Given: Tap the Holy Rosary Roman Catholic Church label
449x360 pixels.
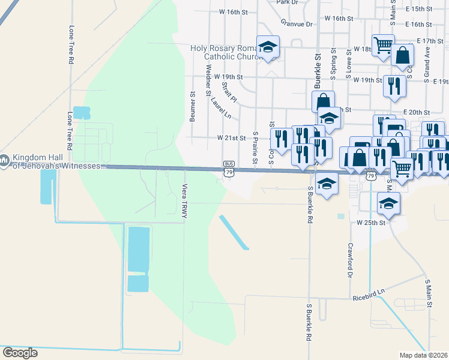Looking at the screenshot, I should pos(226,53).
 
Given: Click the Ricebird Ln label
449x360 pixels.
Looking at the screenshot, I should pos(369,297).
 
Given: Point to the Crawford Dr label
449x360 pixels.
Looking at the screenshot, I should pos(348,260).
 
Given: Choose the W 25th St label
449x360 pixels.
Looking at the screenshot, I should pos(370,222).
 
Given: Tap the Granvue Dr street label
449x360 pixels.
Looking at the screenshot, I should pos(297,24).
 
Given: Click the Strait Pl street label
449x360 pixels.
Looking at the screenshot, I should pos(229,92).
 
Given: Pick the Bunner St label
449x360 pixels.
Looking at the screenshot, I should pos(193,104).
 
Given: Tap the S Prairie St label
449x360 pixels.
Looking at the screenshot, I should pos(255,148).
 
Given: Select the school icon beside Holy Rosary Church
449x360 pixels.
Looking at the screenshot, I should pos(268,47).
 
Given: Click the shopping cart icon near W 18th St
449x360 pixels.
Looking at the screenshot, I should pos(383,44).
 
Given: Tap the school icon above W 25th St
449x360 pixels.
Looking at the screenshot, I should pos(389,204).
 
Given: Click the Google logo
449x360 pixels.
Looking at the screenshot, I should pos(20,353).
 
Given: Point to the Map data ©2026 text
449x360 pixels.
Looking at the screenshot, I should pos(424,355).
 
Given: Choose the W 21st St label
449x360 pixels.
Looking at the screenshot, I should pos(232,138).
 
